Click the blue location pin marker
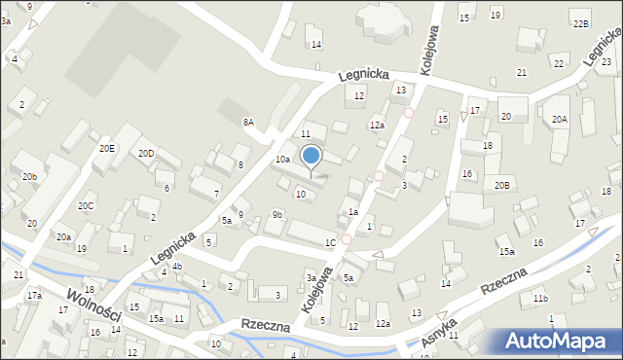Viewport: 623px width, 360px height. (x=311, y=156)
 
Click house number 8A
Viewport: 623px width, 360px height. (x=248, y=123)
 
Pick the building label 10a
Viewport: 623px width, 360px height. (x=282, y=159)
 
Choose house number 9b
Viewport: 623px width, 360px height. (x=277, y=214)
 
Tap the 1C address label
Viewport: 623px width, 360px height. (x=331, y=242)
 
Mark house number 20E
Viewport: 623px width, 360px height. (x=106, y=148)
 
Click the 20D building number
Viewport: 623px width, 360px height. (x=146, y=154)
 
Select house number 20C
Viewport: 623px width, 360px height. (x=87, y=205)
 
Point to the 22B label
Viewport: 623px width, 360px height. (x=581, y=23)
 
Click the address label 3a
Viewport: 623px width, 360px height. (x=311, y=277)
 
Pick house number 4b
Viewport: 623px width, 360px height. (x=176, y=267)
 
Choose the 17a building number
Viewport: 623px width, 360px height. (x=34, y=295)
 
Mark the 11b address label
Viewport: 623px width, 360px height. (x=540, y=298)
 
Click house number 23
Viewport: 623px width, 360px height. (x=605, y=62)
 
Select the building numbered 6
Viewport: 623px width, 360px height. (x=167, y=188)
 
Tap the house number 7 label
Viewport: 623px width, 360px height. (x=216, y=194)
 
